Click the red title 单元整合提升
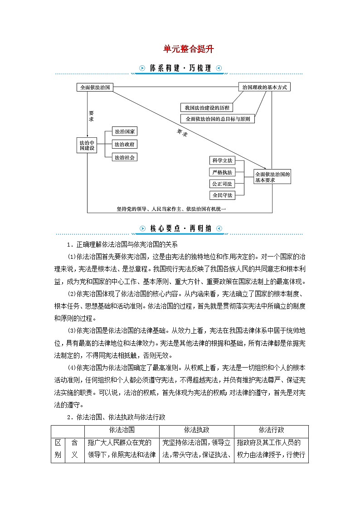188,49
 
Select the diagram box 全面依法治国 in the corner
95,87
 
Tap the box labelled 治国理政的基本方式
264,87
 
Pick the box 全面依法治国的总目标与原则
217,119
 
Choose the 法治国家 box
124,131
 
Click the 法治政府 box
124,145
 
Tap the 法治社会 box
124,158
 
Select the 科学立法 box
222,160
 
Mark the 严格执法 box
222,172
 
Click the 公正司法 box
222,184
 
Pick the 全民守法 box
222,195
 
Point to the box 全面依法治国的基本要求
272,177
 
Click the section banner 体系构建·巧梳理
180,68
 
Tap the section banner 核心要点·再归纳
180,228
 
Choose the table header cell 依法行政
271,430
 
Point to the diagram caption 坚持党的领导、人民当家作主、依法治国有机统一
171,209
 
